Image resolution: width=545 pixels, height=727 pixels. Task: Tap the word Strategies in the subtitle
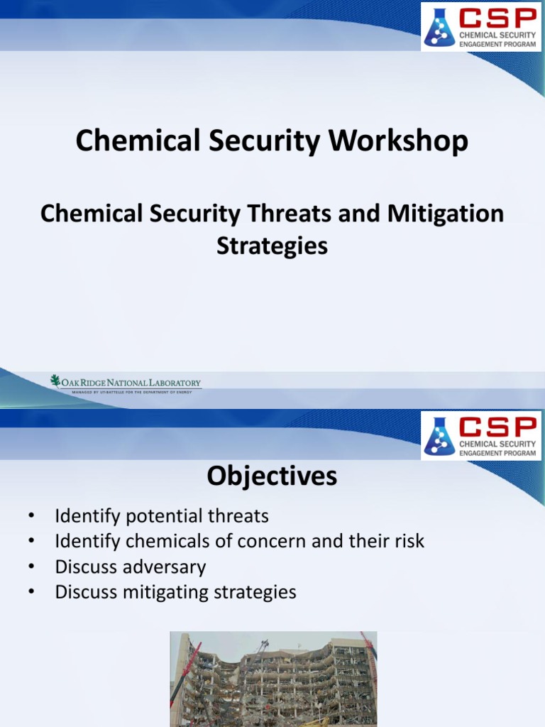pos(272,246)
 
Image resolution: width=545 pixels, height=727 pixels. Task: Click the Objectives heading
pos(272,476)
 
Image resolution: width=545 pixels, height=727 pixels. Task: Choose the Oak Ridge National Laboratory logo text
pos(131,383)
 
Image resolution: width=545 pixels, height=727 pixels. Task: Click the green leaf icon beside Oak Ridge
pos(55,381)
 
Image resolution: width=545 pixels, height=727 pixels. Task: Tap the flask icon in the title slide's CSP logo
pos(439,25)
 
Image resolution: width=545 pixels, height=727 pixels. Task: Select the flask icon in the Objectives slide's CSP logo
pos(439,435)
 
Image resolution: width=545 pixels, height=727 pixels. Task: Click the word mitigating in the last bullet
pos(163,592)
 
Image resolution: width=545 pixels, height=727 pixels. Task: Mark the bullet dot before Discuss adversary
pos(30,567)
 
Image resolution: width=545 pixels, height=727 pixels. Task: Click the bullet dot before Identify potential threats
pos(30,516)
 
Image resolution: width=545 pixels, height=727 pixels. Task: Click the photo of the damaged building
pos(273,679)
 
